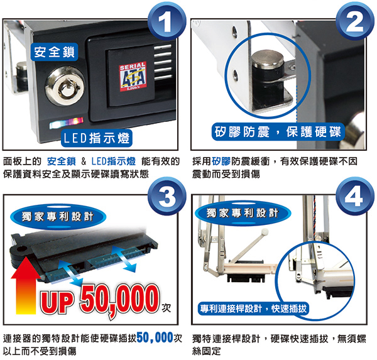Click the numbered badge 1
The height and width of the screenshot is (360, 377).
[x=167, y=21]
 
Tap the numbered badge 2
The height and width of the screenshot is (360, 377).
[x=355, y=21]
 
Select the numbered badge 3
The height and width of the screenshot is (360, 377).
[x=167, y=196]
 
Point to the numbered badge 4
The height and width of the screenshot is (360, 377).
[x=355, y=196]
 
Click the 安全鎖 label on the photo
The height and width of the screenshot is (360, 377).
[x=55, y=52]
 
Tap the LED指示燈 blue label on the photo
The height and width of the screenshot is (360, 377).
[x=97, y=138]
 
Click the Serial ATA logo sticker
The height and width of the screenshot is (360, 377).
[x=133, y=77]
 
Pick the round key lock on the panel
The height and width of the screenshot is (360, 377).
[x=65, y=86]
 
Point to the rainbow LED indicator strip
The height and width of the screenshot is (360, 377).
[x=67, y=123]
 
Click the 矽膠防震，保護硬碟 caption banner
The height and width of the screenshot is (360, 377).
[x=278, y=132]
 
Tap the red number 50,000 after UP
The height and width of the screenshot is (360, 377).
[x=120, y=300]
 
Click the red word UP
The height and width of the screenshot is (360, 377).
[x=57, y=303]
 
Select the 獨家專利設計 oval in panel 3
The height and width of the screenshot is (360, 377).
[x=58, y=216]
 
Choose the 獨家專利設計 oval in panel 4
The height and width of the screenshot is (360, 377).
[x=243, y=213]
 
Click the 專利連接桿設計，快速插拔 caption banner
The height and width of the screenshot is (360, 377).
[x=253, y=308]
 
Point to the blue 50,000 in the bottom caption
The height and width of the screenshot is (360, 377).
[x=155, y=337]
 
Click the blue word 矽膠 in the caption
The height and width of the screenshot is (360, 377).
[x=221, y=161]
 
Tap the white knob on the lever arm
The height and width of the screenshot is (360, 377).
[x=265, y=232]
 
